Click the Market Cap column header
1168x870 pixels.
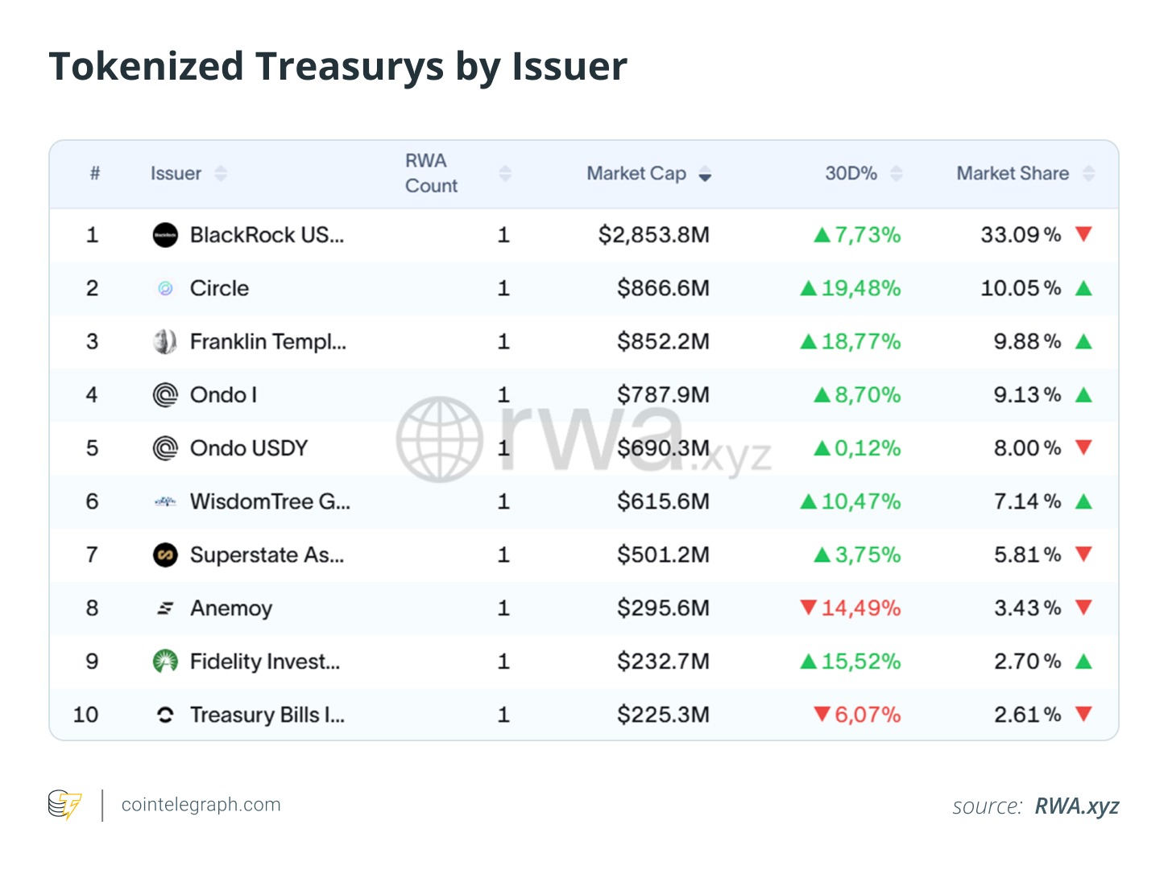636,174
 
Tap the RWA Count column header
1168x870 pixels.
431,173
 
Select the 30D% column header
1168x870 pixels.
851,174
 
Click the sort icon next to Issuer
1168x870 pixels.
221,174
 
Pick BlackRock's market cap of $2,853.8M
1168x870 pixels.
653,235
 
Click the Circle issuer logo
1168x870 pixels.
165,288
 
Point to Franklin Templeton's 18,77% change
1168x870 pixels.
860,342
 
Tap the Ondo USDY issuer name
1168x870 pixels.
249,448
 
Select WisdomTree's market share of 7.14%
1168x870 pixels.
1027,501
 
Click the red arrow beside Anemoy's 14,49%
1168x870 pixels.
809,607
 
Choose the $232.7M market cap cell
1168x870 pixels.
663,662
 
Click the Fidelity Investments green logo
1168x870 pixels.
165,662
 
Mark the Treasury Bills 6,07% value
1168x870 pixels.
867,715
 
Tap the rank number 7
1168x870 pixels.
92,555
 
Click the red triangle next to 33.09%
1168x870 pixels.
1083,234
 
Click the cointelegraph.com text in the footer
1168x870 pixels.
201,805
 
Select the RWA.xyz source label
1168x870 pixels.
1076,806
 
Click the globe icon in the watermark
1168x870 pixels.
440,439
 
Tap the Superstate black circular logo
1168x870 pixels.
165,555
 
